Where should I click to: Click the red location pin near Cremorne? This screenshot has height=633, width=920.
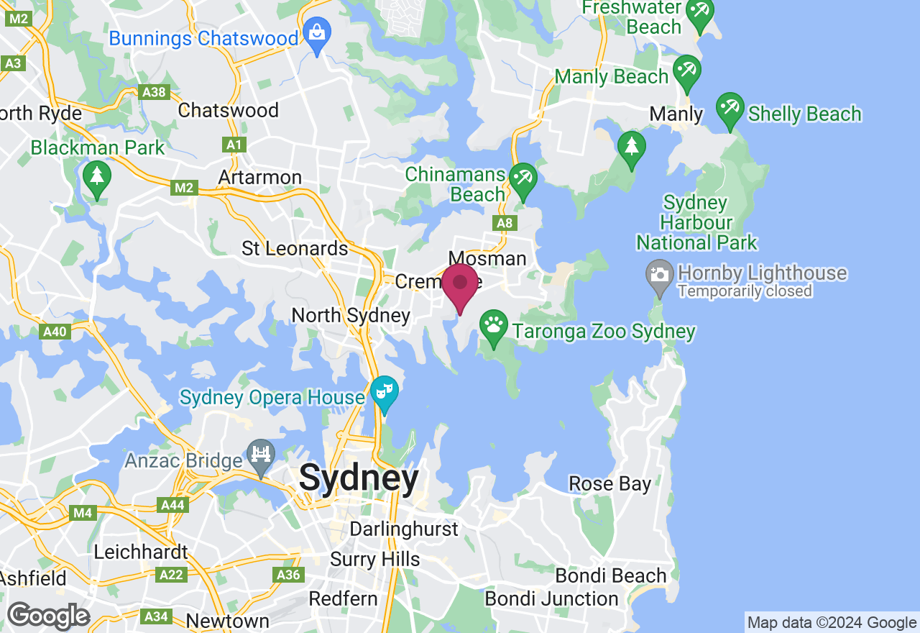pos(459,285)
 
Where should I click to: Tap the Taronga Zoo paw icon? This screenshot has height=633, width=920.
pos(493,325)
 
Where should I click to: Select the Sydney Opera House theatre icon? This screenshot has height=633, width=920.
pos(385,392)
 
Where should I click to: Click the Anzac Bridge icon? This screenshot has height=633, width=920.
pos(261,455)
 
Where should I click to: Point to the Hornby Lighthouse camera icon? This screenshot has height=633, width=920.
pos(659,274)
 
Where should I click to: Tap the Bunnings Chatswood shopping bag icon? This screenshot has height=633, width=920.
pos(316,33)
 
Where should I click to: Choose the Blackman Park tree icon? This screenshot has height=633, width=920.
pos(96,177)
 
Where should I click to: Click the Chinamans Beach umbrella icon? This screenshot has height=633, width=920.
pos(523,178)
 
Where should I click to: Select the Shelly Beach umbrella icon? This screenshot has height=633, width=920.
pos(730,108)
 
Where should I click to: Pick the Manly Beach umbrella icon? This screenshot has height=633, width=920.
pos(686,70)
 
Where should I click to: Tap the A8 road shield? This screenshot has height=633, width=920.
pos(505,223)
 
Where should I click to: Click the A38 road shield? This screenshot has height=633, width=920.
pos(154,92)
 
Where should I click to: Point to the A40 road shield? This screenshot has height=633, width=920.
pos(55,332)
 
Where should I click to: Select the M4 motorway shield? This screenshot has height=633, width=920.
pos(83,513)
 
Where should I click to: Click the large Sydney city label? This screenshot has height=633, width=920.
pos(359,478)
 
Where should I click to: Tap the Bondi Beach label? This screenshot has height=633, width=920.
pos(611,575)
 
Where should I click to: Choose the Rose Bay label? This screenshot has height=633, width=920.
pos(609,483)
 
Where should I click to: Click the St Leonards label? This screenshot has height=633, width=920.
pos(295,249)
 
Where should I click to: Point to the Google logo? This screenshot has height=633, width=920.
pos(48,616)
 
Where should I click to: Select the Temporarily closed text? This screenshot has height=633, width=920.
pos(745,291)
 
